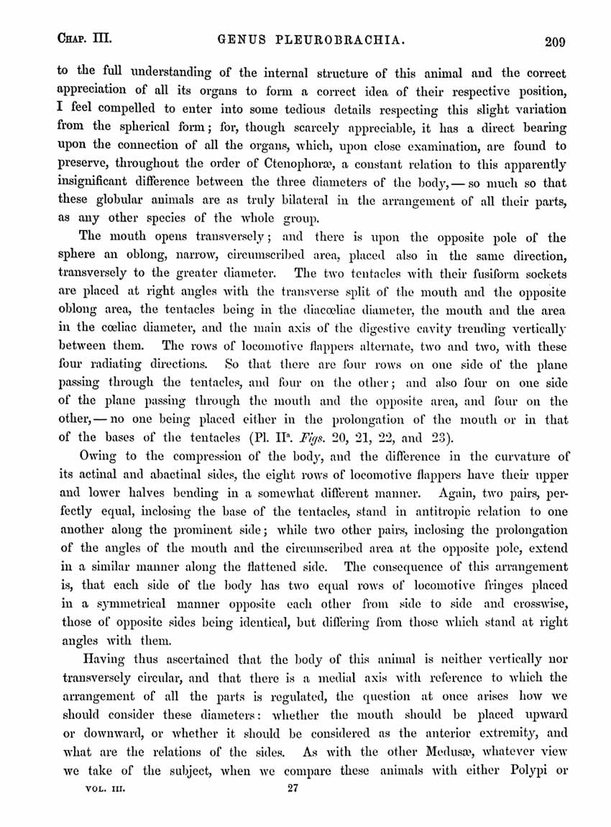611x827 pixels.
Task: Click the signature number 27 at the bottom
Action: pos(293,808)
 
